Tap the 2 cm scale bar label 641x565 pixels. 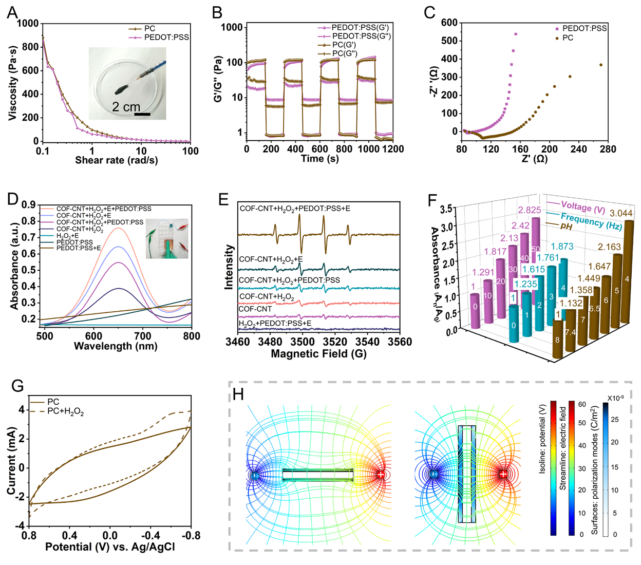pos(126,107)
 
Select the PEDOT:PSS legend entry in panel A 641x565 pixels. pos(166,37)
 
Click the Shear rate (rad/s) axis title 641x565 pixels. pos(117,161)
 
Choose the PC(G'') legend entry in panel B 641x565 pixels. pos(345,53)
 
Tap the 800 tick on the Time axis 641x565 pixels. pos(344,149)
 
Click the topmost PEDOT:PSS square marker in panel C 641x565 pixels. pos(515,34)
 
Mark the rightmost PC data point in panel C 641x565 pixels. pos(601,65)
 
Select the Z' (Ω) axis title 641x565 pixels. pos(534,159)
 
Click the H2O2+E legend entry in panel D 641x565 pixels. pos(68,236)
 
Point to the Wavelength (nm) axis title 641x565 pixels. pos(116,346)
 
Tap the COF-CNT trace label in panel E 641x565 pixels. pos(255,309)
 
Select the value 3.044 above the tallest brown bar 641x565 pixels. pos(621,213)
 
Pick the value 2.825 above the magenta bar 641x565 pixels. pos(529,210)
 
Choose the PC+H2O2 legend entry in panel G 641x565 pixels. pos(65,411)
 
